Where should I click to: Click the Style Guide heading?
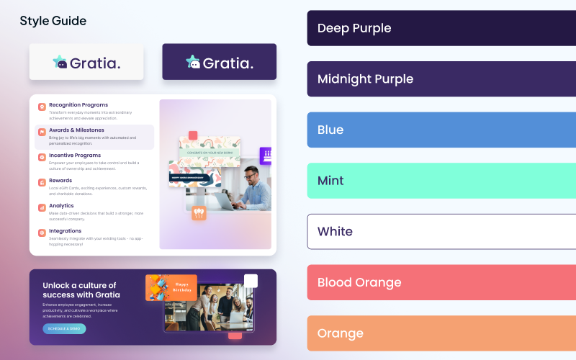tap(53, 21)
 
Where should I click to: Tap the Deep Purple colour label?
tap(354, 28)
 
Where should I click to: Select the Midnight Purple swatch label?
tap(365, 79)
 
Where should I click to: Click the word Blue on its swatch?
tap(330, 130)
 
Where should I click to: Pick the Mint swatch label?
tap(330, 181)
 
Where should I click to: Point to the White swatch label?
tap(335, 231)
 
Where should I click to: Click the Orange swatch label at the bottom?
tap(340, 333)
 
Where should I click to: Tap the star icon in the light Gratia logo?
tap(60, 63)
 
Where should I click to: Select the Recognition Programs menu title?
tap(78, 105)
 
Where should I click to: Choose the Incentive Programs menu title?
tap(75, 156)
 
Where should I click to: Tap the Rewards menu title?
tap(60, 181)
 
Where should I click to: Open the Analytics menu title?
tap(61, 206)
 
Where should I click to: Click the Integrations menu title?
tap(65, 231)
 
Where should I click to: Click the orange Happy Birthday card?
tap(171, 287)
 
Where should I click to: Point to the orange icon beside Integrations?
tap(42, 233)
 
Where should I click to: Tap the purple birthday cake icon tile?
tap(266, 156)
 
